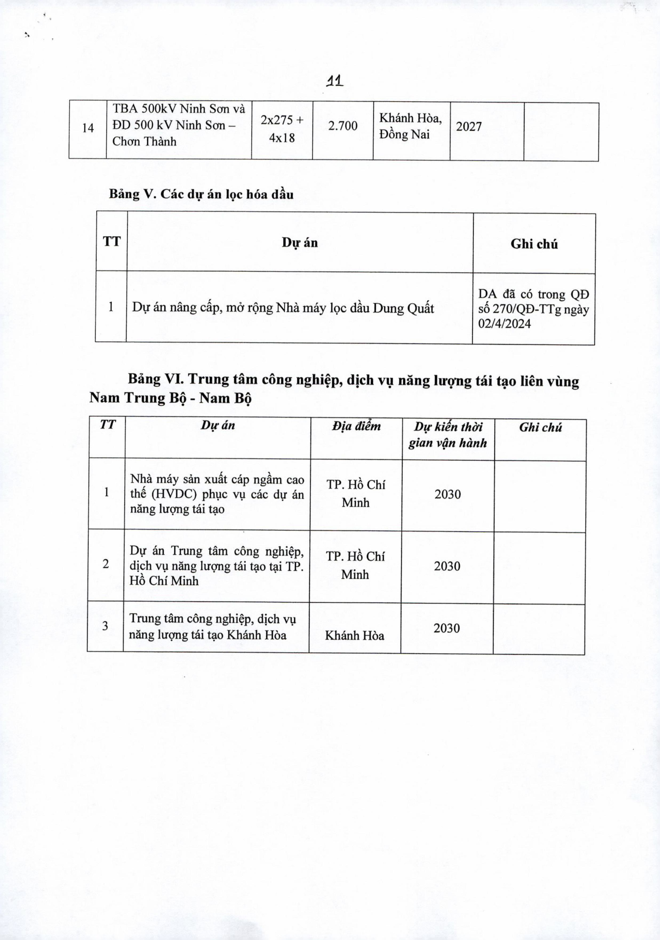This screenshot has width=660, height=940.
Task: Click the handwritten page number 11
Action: pos(334,82)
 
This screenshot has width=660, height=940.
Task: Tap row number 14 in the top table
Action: pos(88,128)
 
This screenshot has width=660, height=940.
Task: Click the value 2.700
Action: pos(343,126)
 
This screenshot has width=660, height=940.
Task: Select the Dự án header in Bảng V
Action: pos(300,243)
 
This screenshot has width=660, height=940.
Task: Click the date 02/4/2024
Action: pos(505,324)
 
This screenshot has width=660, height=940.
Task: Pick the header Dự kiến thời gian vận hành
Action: pos(448,435)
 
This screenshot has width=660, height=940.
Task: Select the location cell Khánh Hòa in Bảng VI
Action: pos(355,635)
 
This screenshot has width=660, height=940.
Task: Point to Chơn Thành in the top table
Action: pos(144,142)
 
